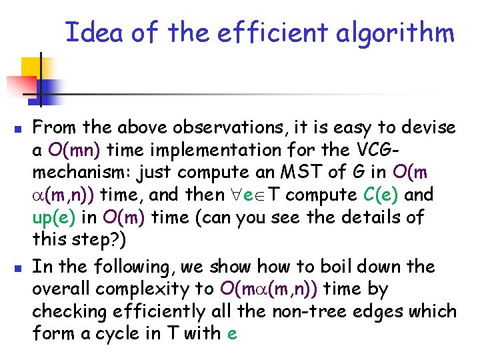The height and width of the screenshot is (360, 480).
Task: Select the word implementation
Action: [207, 150]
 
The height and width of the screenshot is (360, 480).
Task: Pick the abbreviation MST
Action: [303, 173]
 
